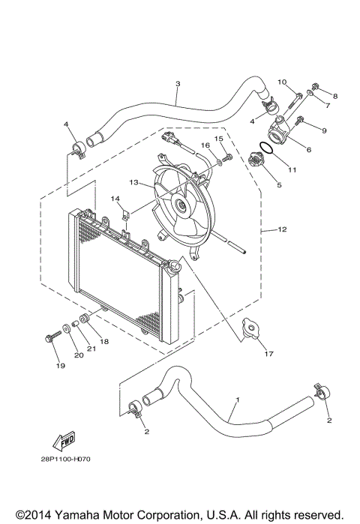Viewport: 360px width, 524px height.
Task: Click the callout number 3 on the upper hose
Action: [177, 84]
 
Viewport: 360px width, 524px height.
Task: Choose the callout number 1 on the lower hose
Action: [238, 400]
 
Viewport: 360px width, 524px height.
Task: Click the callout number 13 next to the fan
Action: [133, 182]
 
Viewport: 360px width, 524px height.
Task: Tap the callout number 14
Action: [116, 199]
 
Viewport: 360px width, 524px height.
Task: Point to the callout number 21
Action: [91, 347]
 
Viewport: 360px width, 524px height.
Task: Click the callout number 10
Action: [282, 82]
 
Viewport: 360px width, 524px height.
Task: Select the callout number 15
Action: [219, 139]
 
